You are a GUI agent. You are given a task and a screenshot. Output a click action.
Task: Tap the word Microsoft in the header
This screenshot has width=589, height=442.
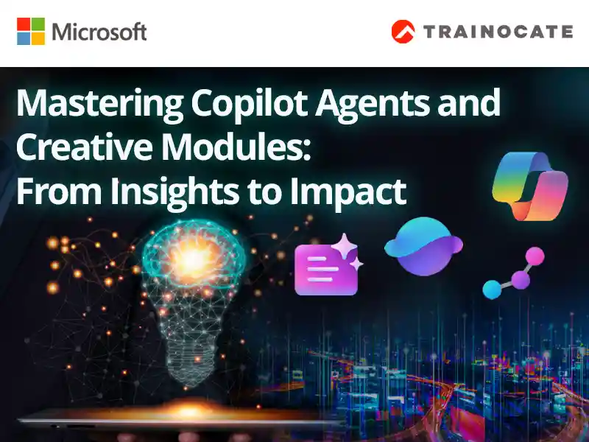click(99, 32)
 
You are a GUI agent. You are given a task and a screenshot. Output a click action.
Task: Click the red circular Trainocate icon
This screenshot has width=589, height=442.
click(403, 32)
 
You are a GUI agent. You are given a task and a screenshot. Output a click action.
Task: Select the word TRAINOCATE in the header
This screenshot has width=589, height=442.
click(497, 32)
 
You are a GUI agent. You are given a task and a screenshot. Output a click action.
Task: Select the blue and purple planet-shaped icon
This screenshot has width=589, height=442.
click(423, 245)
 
